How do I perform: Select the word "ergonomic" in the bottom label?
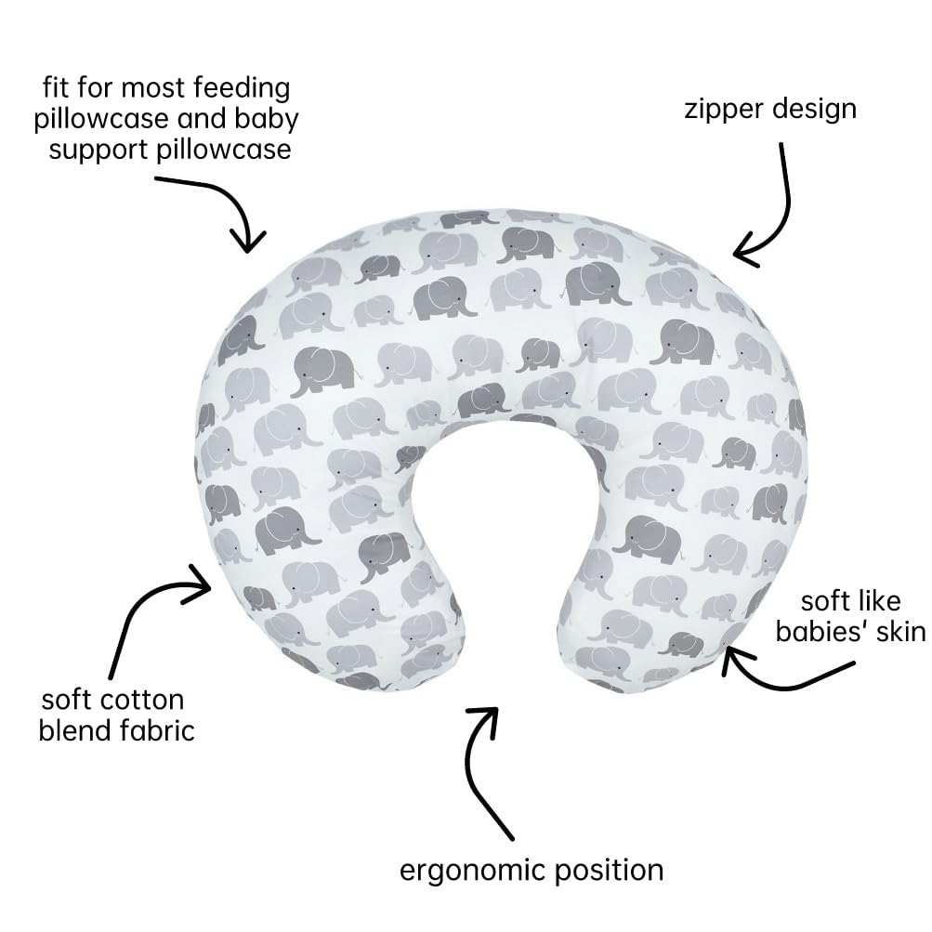(x=473, y=872)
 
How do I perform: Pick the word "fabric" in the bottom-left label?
(x=158, y=730)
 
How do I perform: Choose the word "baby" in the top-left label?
(x=267, y=120)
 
